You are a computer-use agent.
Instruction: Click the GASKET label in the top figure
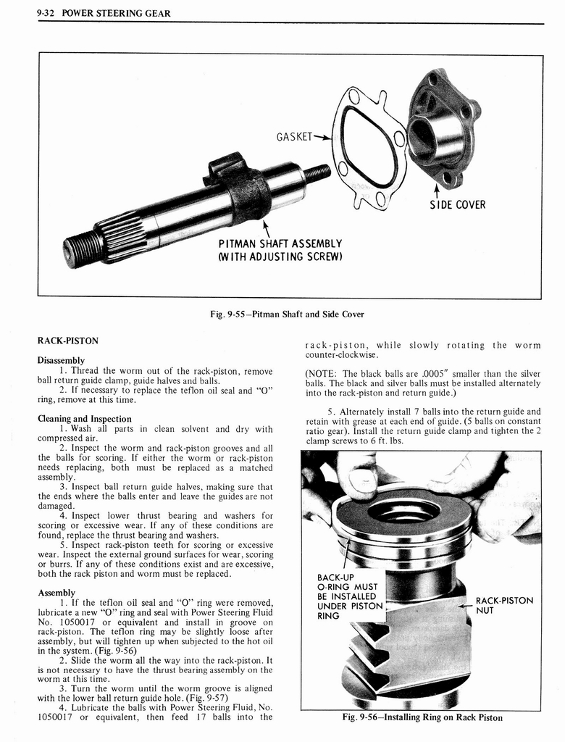(x=294, y=136)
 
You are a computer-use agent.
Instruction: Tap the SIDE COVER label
(x=457, y=204)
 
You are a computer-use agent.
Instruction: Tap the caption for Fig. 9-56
(x=422, y=717)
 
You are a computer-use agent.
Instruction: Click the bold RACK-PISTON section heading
(x=67, y=341)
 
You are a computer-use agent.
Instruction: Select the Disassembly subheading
(x=61, y=360)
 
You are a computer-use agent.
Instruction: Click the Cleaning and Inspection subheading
(x=84, y=419)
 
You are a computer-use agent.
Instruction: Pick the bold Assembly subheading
(x=56, y=592)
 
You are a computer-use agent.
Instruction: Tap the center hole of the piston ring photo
(x=403, y=510)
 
